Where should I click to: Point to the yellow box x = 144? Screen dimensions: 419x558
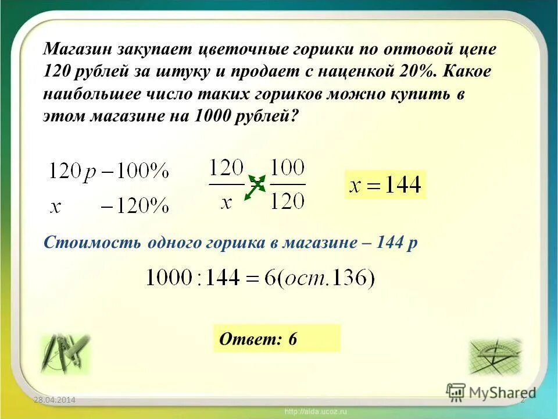pyautogui.click(x=385, y=185)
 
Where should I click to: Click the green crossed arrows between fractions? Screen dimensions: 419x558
pyautogui.click(x=255, y=187)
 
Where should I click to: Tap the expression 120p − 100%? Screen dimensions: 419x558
pyautogui.click(x=109, y=172)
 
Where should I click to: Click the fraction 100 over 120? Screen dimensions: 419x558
pyautogui.click(x=288, y=185)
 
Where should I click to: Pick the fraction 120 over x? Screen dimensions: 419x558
pyautogui.click(x=227, y=185)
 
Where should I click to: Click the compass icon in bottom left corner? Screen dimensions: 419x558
pyautogui.click(x=65, y=354)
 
